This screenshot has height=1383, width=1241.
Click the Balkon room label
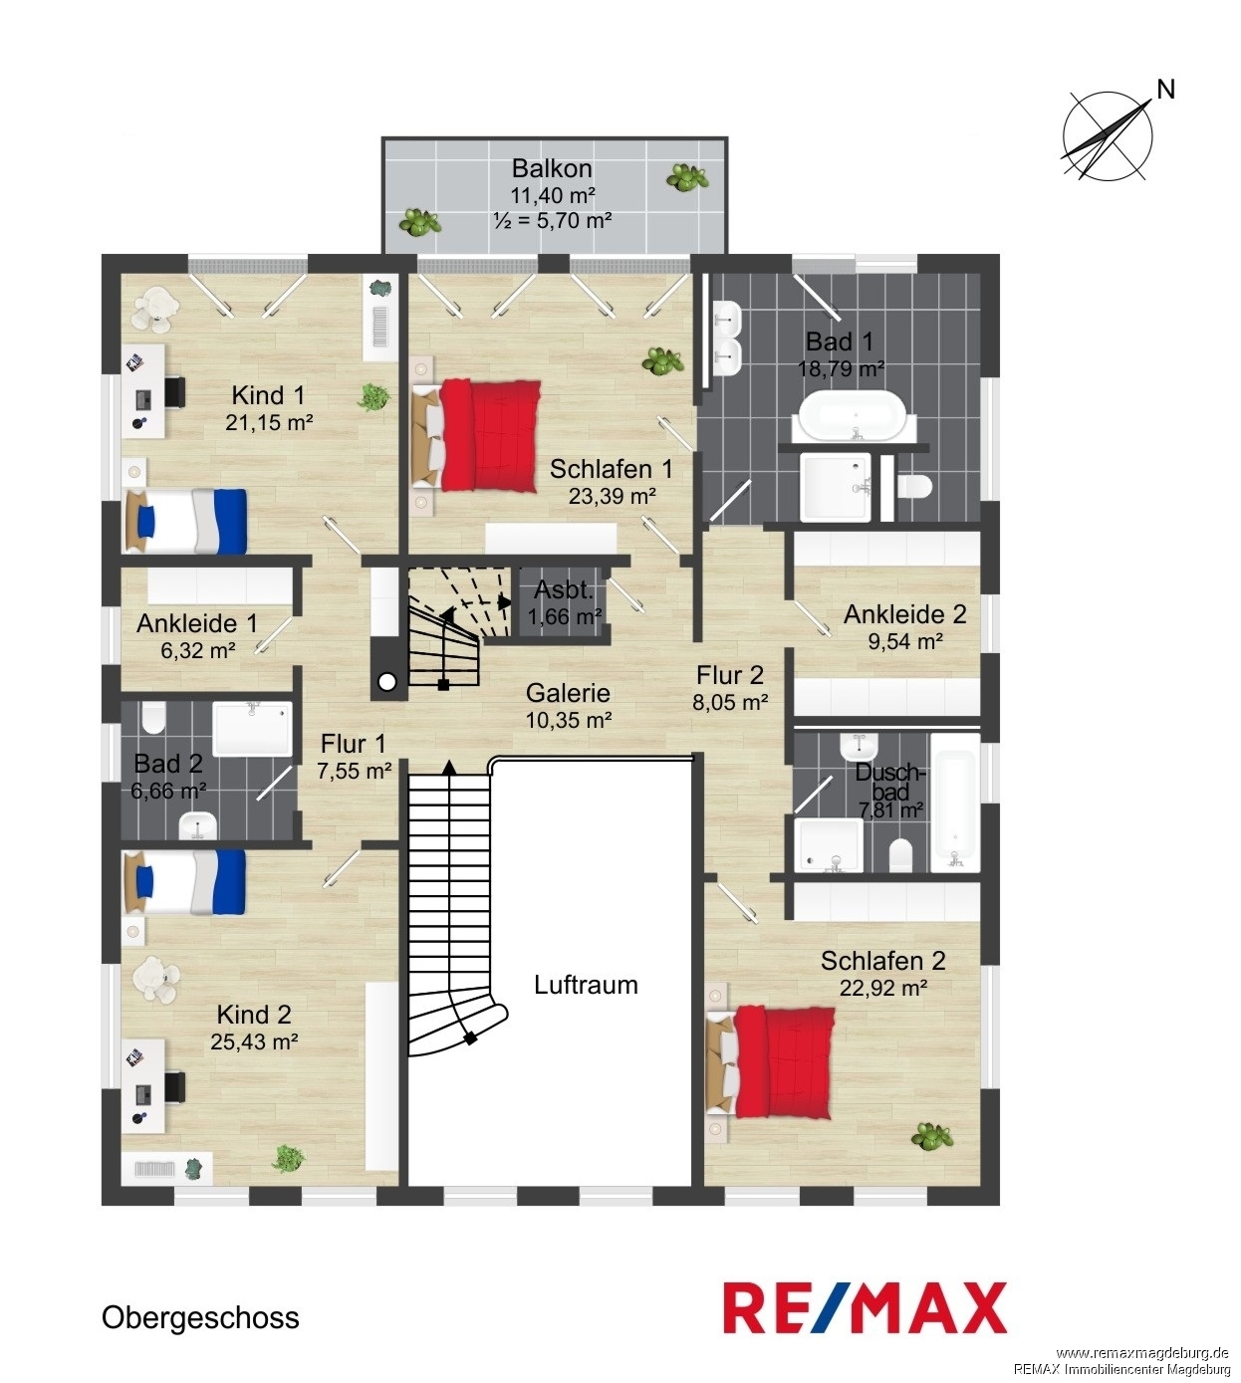tap(552, 168)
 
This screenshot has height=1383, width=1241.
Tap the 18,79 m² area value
tap(841, 369)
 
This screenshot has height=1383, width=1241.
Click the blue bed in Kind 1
tap(186, 521)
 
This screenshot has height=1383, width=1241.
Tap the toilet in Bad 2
tap(154, 718)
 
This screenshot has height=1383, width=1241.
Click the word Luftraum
tap(586, 985)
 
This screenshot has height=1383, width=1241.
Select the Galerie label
tap(568, 693)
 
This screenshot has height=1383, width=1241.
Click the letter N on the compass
tap(1165, 90)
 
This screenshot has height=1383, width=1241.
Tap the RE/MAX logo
tap(865, 1307)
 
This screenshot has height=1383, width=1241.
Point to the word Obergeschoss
tap(200, 1318)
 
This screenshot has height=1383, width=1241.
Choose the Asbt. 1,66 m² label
tap(564, 603)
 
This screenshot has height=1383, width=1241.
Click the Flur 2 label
tap(729, 675)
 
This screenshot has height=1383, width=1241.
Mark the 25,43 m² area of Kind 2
tap(254, 1041)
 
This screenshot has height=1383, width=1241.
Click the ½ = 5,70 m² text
tap(552, 220)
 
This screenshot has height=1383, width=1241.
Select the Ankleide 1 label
tap(196, 623)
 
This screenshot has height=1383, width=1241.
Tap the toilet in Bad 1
tap(914, 488)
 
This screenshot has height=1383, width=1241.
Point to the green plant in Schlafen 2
tap(933, 1136)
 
